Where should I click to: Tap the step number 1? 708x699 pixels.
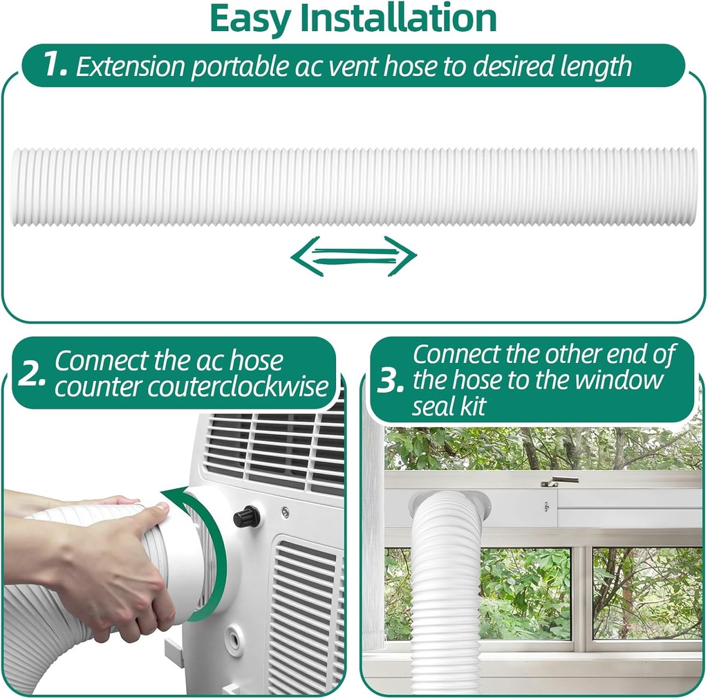pyautogui.click(x=55, y=65)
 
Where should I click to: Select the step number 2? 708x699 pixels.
pyautogui.click(x=32, y=374)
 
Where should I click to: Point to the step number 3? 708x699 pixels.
pyautogui.click(x=391, y=381)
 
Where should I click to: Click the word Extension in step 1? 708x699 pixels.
pyautogui.click(x=131, y=66)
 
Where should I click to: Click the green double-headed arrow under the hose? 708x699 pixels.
pyautogui.click(x=353, y=257)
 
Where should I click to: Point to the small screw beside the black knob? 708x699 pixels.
pyautogui.click(x=285, y=512)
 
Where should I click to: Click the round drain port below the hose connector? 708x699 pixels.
pyautogui.click(x=234, y=641)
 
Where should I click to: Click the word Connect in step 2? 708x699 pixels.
pyautogui.click(x=101, y=361)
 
